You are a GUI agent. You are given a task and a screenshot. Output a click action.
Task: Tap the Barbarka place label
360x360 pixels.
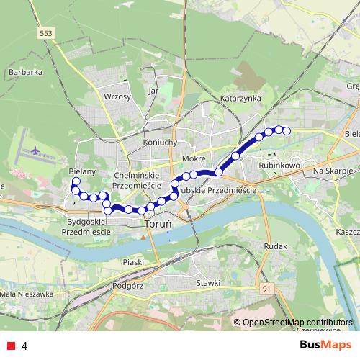point(25,72)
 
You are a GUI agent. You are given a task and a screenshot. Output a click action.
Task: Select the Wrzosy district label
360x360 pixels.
point(117,96)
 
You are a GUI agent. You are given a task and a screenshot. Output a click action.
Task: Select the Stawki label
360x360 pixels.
point(207,282)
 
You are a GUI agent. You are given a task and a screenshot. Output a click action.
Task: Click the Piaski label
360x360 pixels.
point(134,262)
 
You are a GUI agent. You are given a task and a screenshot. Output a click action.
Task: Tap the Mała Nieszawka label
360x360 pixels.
point(27,294)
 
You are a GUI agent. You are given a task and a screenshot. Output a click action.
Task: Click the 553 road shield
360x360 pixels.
point(47,33)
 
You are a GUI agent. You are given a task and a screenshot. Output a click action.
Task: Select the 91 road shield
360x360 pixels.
point(267,288)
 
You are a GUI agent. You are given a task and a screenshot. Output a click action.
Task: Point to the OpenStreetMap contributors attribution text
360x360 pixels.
point(297,323)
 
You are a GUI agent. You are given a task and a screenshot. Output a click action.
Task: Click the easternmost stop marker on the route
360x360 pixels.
point(286,130)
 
